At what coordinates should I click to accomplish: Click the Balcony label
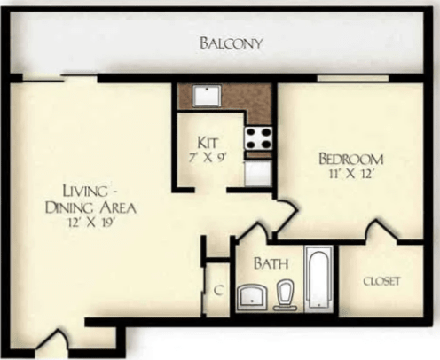tap(230, 43)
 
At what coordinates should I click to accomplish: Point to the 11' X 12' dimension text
tap(352, 175)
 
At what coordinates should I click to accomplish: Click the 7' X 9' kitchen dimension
tap(208, 157)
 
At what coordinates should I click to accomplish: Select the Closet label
tap(382, 281)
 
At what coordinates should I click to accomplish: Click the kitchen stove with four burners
tap(258, 137)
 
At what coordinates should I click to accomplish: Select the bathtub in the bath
tap(317, 278)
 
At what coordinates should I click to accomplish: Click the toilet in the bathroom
tap(286, 293)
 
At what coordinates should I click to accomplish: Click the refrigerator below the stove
tap(258, 168)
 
